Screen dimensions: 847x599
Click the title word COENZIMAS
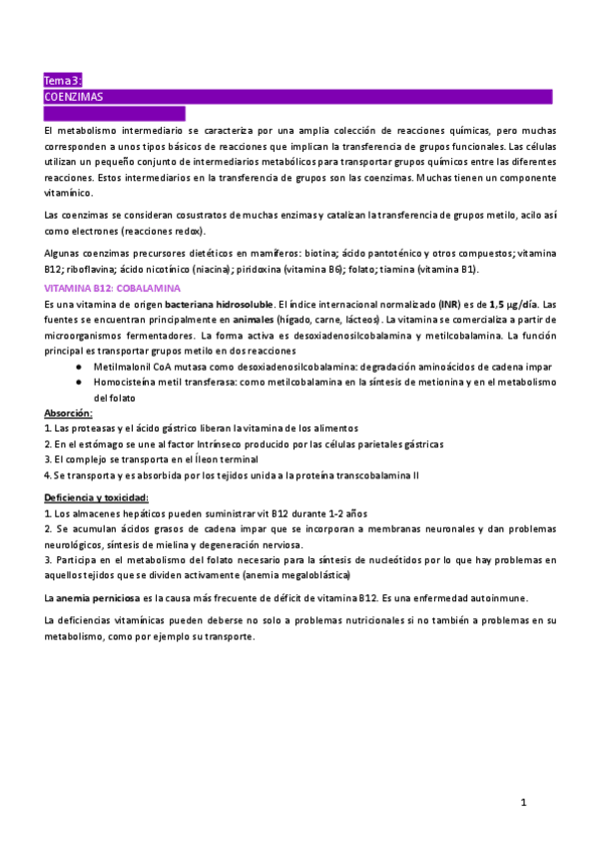click(74, 97)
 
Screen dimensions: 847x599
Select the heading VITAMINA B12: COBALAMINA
click(113, 288)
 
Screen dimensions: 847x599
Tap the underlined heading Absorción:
click(69, 413)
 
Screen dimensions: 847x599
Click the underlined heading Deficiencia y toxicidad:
click(97, 497)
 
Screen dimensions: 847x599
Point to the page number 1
click(523, 801)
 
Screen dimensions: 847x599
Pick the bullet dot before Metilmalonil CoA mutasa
click(78, 367)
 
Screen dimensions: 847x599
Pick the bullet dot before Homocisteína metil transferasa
click(78, 382)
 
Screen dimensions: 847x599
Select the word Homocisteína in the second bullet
click(124, 382)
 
